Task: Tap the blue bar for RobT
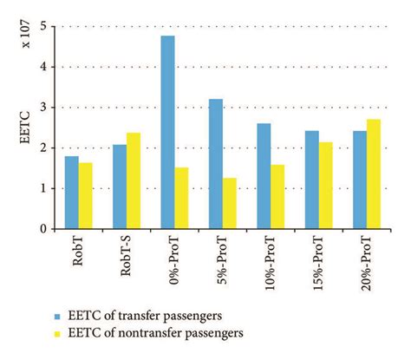pyautogui.click(x=72, y=193)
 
